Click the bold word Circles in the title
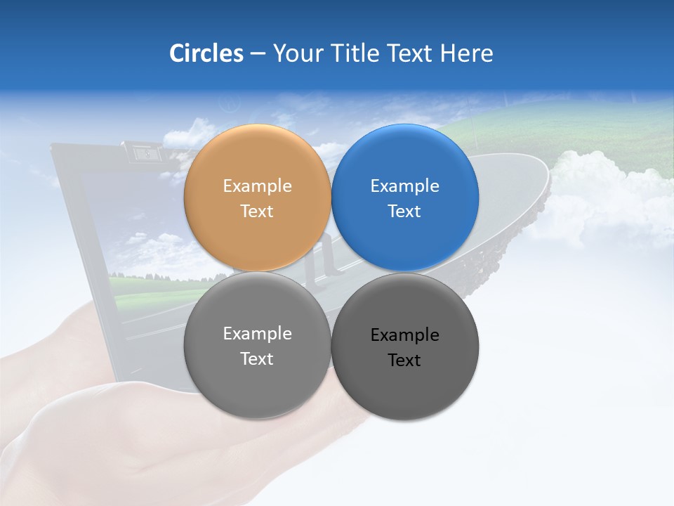point(206,53)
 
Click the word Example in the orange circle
point(257,186)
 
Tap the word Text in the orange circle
point(257,212)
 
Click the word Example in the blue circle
point(405,186)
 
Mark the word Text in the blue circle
point(405,212)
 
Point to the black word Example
point(405,335)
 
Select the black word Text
point(405,361)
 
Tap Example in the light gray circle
point(257,334)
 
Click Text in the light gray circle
point(257,359)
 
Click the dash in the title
point(258,54)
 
